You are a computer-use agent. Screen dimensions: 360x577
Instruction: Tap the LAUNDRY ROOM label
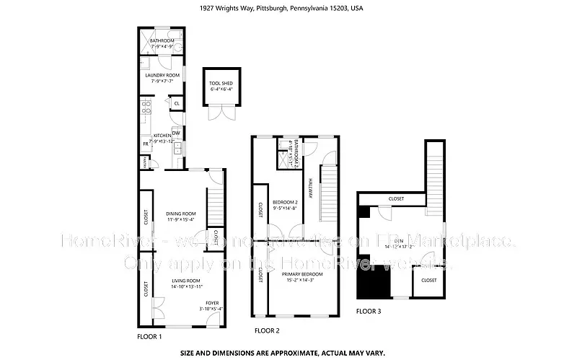[x=162, y=78]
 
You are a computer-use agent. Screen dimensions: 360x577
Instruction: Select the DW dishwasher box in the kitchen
[x=175, y=132]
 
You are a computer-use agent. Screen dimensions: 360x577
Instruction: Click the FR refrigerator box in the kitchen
[x=145, y=144]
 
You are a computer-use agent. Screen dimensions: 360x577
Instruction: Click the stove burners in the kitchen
[x=146, y=108]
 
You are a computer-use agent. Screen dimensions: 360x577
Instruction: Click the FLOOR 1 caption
[x=149, y=337]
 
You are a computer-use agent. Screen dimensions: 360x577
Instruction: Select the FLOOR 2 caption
[x=267, y=330]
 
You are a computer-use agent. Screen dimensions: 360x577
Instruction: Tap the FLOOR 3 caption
[x=369, y=312]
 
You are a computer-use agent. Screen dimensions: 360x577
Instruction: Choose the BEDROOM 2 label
[x=284, y=204]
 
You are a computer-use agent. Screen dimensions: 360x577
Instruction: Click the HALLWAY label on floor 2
[x=311, y=189]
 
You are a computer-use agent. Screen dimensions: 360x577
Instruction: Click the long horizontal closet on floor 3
[x=396, y=199]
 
